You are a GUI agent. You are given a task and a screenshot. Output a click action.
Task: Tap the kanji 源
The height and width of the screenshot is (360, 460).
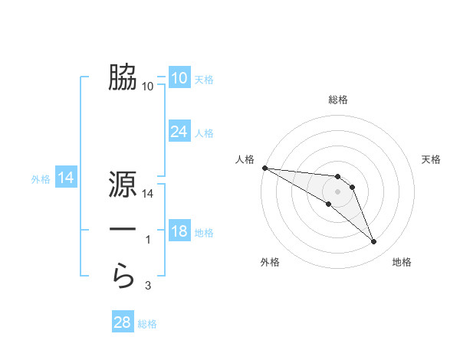click(x=123, y=185)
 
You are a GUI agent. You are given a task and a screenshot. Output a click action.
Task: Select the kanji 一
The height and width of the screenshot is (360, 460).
click(x=123, y=230)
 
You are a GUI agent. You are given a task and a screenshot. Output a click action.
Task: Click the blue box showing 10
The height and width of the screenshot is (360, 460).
click(x=179, y=78)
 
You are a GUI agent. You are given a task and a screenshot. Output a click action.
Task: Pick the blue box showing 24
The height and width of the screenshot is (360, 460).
click(x=179, y=132)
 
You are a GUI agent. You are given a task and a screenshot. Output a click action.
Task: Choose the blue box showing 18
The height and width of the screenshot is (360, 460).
click(x=179, y=231)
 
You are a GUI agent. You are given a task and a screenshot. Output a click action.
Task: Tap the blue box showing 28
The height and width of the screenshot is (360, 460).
click(x=122, y=322)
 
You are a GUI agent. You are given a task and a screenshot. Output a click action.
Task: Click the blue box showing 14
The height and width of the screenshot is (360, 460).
click(x=66, y=178)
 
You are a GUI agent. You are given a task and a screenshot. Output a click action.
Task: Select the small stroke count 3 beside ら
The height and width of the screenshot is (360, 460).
click(x=148, y=286)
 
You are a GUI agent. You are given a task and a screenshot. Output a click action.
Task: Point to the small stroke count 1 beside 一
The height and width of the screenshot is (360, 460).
click(x=148, y=241)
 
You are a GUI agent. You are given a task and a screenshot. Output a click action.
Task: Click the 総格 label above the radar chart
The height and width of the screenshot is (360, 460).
click(x=338, y=100)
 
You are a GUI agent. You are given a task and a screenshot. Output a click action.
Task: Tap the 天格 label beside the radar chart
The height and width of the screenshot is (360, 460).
click(x=432, y=159)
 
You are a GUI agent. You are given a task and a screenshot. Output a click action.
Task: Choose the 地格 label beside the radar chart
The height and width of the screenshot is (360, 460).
click(x=402, y=263)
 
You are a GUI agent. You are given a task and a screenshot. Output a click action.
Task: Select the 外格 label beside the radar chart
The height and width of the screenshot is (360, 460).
click(x=270, y=263)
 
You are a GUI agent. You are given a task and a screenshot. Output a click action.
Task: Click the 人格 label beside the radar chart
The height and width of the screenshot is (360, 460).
click(x=245, y=159)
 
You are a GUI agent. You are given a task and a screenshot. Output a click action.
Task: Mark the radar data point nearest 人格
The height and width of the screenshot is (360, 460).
click(x=264, y=168)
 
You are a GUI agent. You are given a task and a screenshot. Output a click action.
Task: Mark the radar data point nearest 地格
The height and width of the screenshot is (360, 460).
click(x=374, y=242)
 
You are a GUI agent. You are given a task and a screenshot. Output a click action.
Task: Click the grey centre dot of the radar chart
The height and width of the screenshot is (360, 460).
click(x=338, y=191)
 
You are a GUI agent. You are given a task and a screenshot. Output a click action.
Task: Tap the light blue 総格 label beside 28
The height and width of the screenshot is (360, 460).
click(x=147, y=324)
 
